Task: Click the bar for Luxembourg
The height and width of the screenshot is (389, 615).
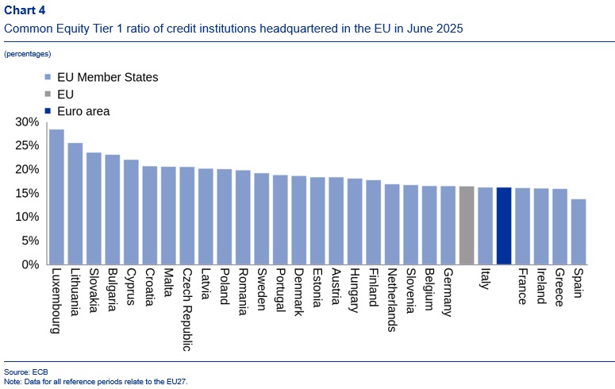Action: [56, 197]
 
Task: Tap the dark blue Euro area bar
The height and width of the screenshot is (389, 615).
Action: [504, 225]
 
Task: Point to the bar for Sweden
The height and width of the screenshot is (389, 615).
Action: [262, 218]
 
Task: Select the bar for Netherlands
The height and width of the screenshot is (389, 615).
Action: [392, 224]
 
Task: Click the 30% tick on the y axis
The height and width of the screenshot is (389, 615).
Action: [27, 122]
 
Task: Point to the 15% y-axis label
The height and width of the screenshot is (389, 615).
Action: [27, 194]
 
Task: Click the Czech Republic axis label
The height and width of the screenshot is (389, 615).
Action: [186, 310]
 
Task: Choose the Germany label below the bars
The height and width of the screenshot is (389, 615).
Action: [448, 294]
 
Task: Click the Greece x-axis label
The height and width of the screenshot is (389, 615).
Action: [559, 289]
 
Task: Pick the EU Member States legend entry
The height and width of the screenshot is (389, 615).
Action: [108, 78]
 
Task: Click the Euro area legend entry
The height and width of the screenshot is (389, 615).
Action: [83, 112]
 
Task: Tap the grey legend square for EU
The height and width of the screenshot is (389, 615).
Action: [48, 95]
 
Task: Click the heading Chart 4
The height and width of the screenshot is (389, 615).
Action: [25, 10]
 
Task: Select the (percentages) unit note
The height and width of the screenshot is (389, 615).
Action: [28, 54]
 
